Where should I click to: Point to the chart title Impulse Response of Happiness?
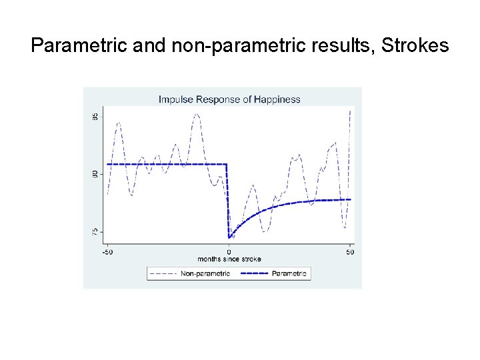(229, 99)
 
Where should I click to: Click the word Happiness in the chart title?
(277, 99)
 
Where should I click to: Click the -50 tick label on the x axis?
(107, 251)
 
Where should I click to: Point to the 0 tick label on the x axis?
(229, 251)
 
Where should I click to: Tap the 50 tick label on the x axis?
(350, 251)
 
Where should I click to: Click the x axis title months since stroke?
(229, 259)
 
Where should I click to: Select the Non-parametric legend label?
(205, 273)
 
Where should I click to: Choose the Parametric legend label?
(289, 273)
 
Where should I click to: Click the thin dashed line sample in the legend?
(164, 273)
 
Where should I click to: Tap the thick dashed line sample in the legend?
(255, 273)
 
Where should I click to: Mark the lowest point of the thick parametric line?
(229, 237)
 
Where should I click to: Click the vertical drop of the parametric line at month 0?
(228, 200)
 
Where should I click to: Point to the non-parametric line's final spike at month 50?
(349, 112)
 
